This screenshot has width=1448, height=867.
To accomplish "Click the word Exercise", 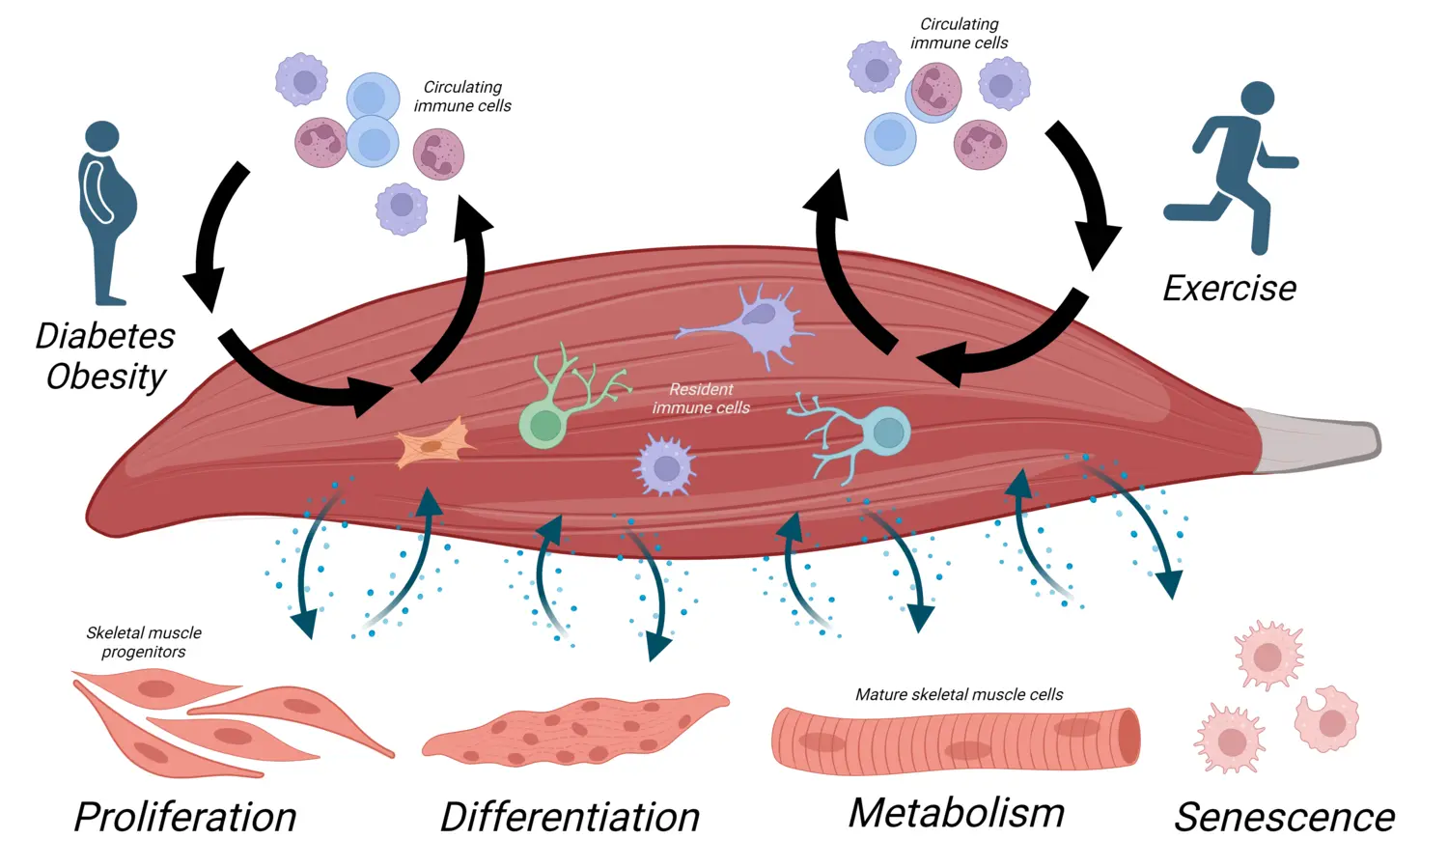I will point(1229,289).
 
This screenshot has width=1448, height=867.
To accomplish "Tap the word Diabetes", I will point(105,336).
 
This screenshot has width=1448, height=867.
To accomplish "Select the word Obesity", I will point(106,377).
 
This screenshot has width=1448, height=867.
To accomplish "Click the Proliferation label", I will point(185,817).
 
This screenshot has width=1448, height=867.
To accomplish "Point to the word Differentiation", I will point(570,817).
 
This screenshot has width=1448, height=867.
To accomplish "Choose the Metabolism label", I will point(956,813).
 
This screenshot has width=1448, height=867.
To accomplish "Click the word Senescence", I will point(1284,817).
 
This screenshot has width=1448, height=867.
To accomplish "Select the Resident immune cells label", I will point(701,399).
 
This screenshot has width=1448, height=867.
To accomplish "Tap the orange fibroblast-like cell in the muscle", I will point(433,446).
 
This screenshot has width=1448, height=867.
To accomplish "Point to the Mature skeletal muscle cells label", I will point(959,694).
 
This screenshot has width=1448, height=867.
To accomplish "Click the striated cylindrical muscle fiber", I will point(955,740).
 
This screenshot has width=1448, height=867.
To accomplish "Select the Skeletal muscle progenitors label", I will point(144,642).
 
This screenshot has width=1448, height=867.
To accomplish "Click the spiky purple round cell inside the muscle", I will point(665,467).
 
